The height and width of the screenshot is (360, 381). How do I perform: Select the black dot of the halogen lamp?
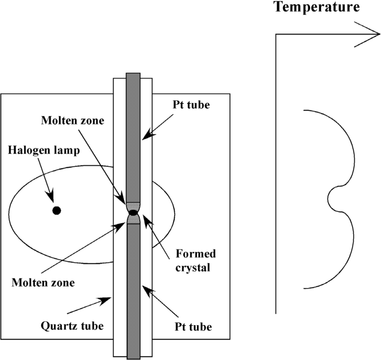tap(56, 210)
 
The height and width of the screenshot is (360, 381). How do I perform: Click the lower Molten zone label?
tap(43, 282)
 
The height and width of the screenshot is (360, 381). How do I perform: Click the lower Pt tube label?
tap(193, 327)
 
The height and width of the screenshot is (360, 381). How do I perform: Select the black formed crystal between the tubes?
tap(133, 213)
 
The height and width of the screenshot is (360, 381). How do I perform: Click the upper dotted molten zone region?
tap(133, 206)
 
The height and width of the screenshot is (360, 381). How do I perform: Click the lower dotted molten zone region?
tap(133, 221)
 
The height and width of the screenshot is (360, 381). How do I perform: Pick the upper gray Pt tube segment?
tap(133, 138)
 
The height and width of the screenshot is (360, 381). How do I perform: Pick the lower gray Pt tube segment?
tap(133, 290)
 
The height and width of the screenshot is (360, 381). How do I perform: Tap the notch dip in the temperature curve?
tap(330, 199)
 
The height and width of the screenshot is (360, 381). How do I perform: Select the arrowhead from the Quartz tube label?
tap(109, 299)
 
